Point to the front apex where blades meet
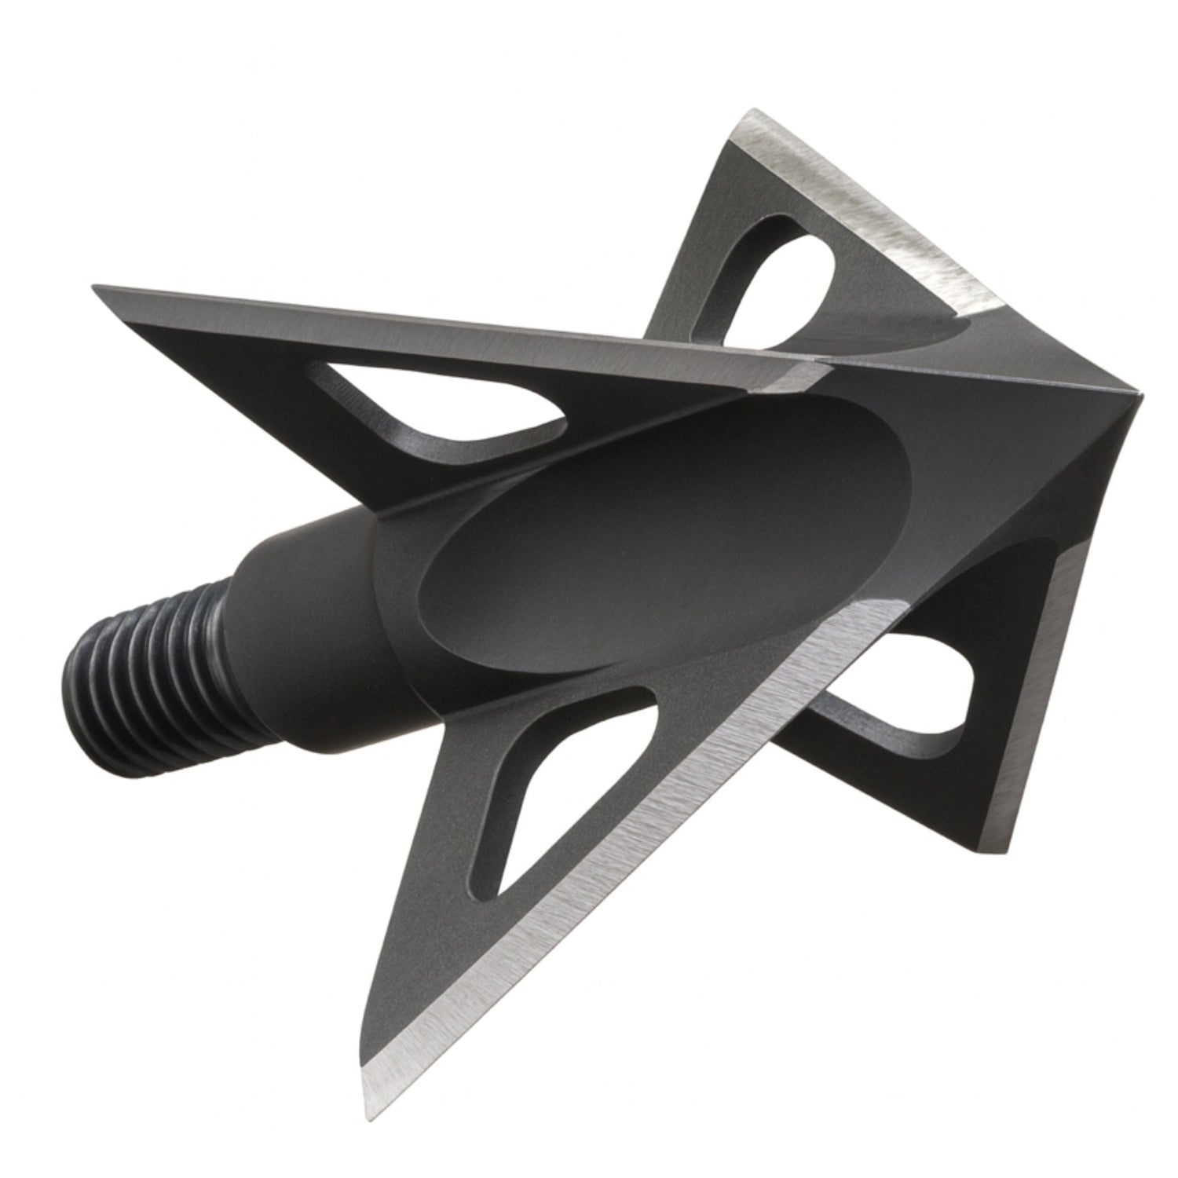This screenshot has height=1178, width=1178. (1135, 393)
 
